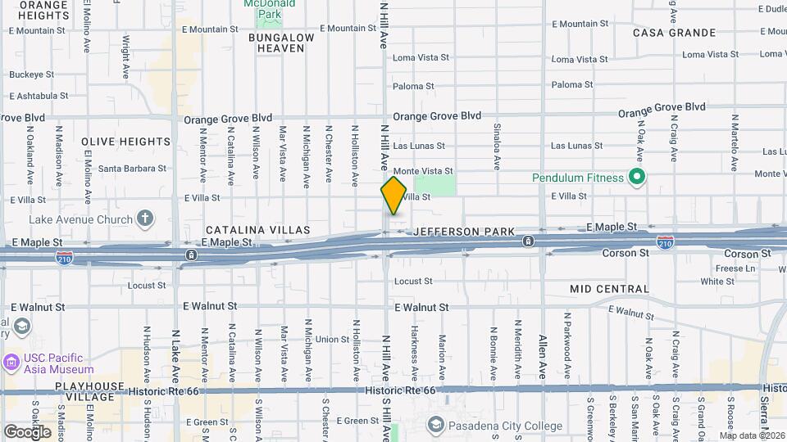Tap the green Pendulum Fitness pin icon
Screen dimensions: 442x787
(x=635, y=178)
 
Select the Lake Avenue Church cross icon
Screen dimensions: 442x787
(x=145, y=219)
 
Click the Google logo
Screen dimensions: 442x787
(x=27, y=431)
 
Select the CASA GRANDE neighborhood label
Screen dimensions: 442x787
(x=674, y=33)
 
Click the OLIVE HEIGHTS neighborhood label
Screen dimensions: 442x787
(x=126, y=142)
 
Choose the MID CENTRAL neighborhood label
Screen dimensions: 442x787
(x=609, y=289)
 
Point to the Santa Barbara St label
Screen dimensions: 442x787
(x=132, y=169)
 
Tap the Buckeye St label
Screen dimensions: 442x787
(x=31, y=74)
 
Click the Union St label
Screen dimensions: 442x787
(x=332, y=339)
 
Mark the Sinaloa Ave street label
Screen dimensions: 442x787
(x=497, y=147)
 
